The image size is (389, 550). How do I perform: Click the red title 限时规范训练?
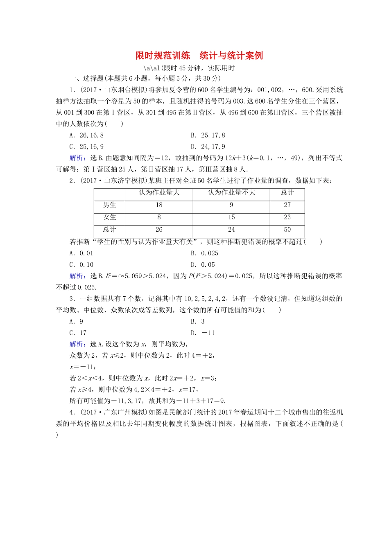point(163,56)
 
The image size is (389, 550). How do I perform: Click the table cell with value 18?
point(159,205)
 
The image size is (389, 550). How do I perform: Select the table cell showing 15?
point(231,217)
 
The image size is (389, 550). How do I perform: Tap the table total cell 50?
point(287,230)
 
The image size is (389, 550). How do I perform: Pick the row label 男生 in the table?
point(109,205)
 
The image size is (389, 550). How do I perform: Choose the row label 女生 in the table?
point(109,217)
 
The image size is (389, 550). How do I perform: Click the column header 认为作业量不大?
point(231,193)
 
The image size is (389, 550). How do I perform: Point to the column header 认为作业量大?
point(159,193)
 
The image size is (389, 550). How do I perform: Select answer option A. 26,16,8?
point(86,135)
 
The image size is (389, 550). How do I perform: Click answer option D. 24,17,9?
point(208,147)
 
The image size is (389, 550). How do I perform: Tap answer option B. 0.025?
point(204,253)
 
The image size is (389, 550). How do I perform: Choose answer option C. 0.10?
point(81,265)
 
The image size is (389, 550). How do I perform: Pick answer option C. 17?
point(78,333)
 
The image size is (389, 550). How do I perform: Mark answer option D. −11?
point(203,333)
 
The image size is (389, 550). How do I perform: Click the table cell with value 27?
point(287,205)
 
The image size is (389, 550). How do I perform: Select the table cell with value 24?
point(231,230)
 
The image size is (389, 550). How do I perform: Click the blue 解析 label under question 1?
point(77,158)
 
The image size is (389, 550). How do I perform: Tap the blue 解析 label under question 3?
point(77,344)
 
